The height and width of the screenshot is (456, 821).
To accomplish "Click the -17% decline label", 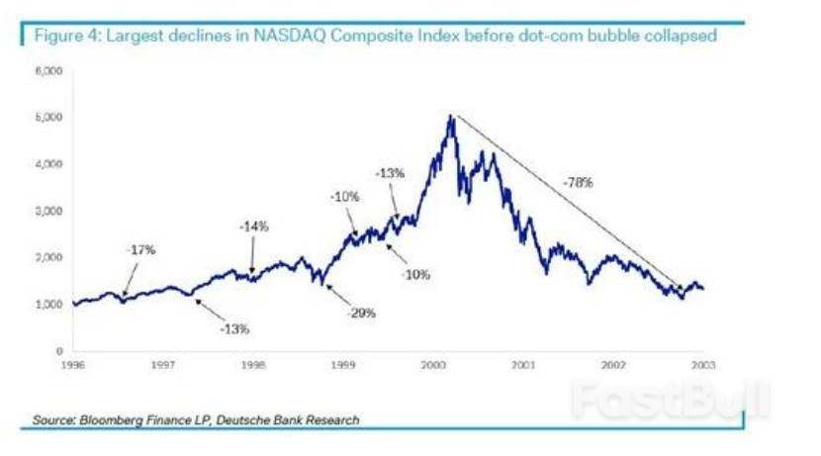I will [140, 250].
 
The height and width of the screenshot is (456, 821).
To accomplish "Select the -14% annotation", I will [254, 227].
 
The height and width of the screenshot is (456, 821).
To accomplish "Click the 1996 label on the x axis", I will [71, 364].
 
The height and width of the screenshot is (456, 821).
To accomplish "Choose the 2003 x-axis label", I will [703, 364].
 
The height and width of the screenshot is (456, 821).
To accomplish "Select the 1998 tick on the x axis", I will [252, 364].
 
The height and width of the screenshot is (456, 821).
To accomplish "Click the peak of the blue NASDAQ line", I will [450, 117].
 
